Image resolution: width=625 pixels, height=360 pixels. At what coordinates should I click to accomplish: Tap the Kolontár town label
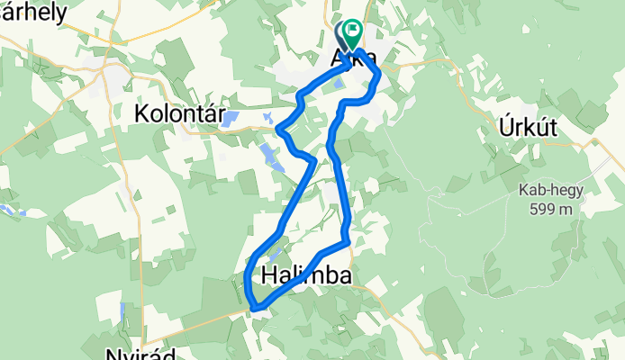tap(176, 113)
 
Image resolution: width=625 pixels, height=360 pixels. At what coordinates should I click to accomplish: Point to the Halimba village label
tap(305, 274)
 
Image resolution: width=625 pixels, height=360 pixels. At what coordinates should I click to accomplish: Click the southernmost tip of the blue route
tap(256, 309)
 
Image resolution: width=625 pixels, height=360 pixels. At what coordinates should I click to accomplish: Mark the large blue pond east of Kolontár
tap(231, 117)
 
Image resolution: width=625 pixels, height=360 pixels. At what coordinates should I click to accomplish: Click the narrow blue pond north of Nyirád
tap(122, 311)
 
